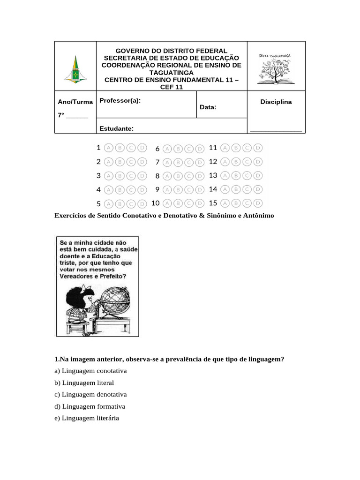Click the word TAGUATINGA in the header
171,73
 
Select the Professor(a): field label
120,101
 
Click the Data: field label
208,107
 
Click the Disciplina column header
276,102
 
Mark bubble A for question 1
108,148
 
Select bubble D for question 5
142,204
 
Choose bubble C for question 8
189,176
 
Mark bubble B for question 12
236,162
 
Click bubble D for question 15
257,203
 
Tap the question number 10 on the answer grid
156,203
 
